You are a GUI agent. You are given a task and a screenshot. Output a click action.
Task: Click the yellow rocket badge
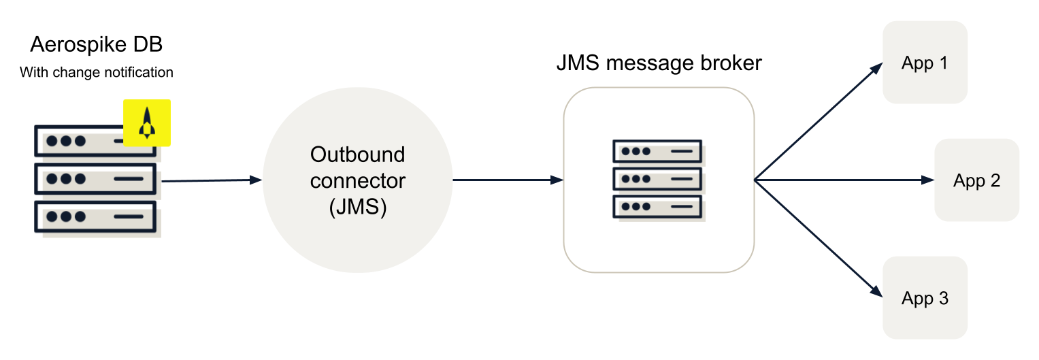[146, 123]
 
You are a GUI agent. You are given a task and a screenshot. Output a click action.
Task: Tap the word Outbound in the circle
[357, 155]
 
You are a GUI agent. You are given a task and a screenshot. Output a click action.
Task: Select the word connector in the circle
[357, 181]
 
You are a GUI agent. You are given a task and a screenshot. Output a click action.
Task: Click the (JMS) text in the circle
[357, 207]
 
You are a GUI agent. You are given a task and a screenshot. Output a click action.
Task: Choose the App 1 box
[925, 63]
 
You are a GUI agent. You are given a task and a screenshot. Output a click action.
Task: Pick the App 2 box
[976, 180]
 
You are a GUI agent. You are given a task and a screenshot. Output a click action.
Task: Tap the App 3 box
[925, 298]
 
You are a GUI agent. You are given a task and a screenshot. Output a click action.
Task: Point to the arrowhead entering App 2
[928, 180]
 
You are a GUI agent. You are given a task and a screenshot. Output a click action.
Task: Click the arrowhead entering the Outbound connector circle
[257, 180]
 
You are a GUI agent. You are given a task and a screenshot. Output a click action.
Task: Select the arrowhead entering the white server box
[557, 180]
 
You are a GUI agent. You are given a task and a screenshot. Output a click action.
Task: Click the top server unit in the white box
[657, 151]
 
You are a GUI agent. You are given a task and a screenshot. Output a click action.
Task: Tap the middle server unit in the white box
[657, 179]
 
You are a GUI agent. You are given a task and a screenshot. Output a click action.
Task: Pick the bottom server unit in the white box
[657, 206]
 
